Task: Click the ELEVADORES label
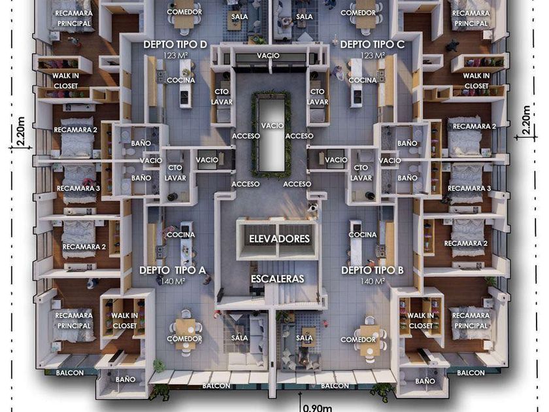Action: point(279,239)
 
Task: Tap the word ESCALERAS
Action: point(278,279)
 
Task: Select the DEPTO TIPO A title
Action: point(173,270)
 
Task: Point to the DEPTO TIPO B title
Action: point(372,270)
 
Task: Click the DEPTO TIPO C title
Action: point(373,44)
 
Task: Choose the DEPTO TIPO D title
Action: point(175,44)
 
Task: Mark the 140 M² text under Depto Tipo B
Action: point(372,281)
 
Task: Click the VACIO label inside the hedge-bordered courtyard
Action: point(273,125)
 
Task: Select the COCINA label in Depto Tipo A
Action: point(180,235)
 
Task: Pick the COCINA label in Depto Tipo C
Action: point(362,80)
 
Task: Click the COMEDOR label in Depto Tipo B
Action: point(358,339)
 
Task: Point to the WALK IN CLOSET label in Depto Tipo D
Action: point(65,80)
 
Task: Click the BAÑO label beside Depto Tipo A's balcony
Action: point(125,379)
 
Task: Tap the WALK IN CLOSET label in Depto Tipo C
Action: point(476,80)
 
